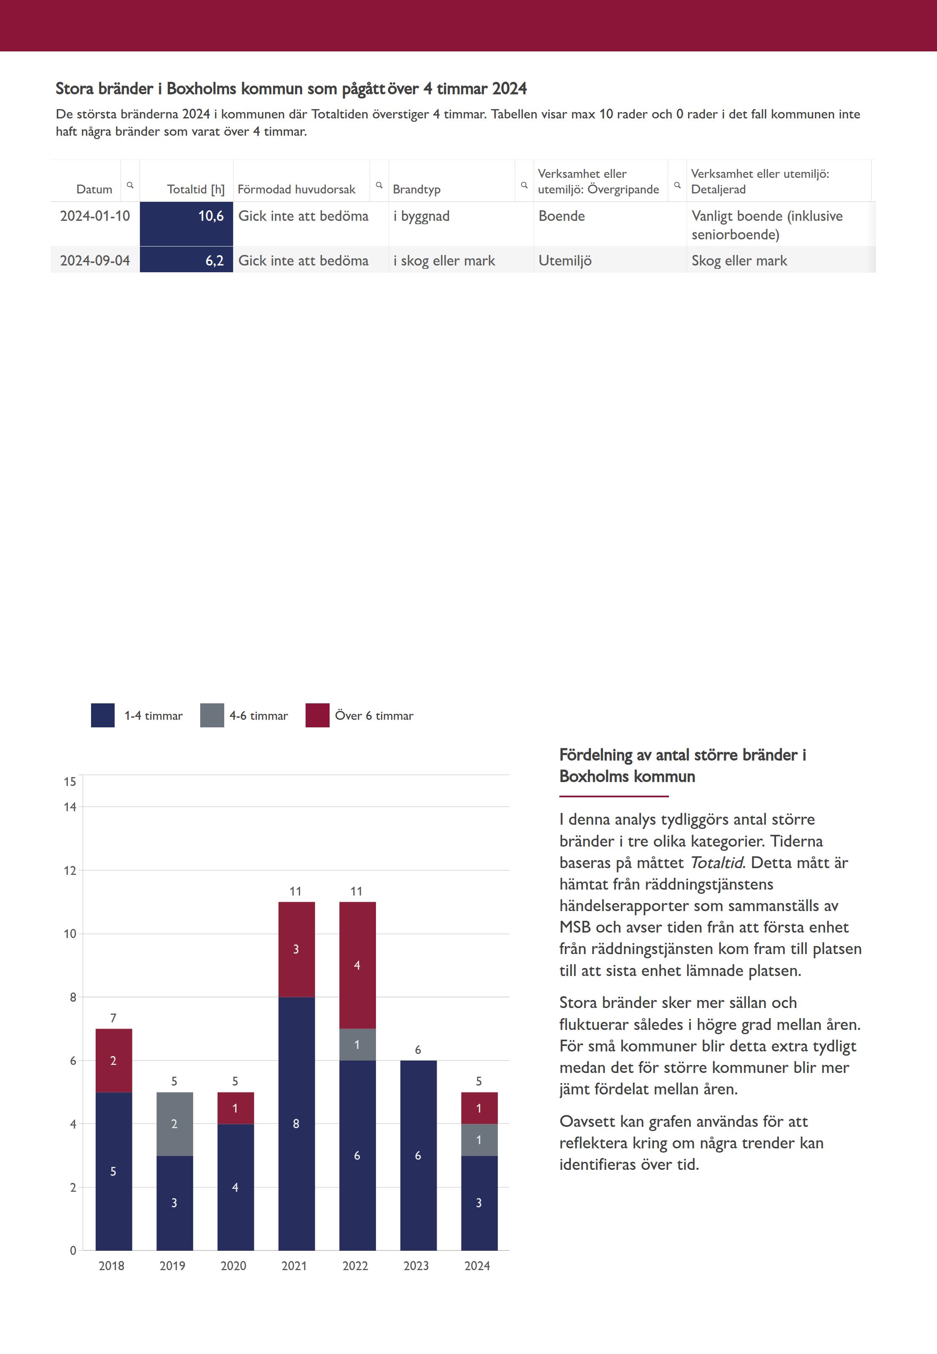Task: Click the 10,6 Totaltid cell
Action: [x=186, y=223]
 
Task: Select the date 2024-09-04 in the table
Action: [x=95, y=260]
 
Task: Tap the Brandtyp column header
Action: [x=416, y=189]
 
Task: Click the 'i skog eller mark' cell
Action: [x=444, y=260]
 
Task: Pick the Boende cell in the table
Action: [x=562, y=216]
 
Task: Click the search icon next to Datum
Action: [x=130, y=185]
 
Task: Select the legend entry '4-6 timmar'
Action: [x=258, y=716]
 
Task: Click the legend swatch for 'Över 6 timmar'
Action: [x=317, y=716]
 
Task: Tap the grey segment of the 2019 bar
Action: [x=175, y=1124]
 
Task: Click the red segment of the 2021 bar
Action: [x=296, y=949]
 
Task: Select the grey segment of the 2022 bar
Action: [x=357, y=1045]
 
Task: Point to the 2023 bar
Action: [x=418, y=1155]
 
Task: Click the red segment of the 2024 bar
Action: [x=479, y=1108]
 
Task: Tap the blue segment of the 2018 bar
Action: [x=113, y=1171]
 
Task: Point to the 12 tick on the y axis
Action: [x=70, y=870]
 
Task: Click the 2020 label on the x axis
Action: [x=234, y=1266]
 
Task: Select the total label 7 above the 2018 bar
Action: [x=113, y=1018]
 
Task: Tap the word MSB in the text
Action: [x=575, y=927]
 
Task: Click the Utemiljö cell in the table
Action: [x=565, y=260]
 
